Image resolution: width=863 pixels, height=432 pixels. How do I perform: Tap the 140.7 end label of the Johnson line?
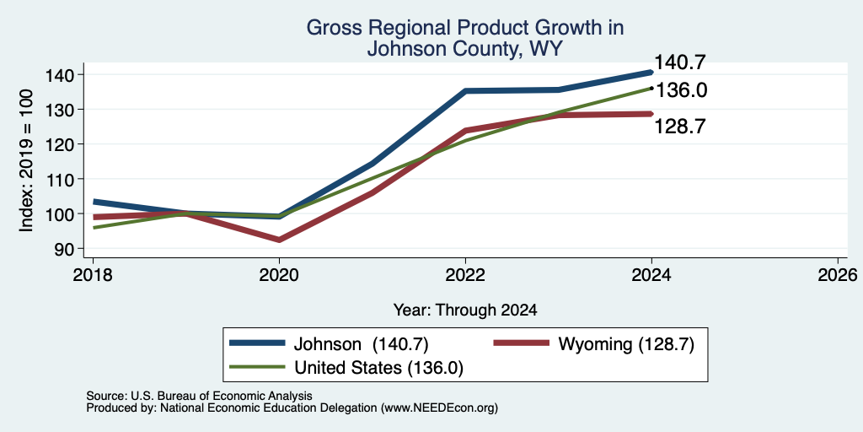click(x=680, y=62)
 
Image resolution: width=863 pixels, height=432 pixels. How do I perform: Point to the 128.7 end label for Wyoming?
click(x=680, y=127)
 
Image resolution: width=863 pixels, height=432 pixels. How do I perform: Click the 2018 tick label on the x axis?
click(x=93, y=275)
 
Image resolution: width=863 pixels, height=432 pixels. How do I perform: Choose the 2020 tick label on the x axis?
click(x=279, y=275)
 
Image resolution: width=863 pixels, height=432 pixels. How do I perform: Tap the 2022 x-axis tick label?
click(x=465, y=275)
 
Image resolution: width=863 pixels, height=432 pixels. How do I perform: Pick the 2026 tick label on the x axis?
click(x=838, y=275)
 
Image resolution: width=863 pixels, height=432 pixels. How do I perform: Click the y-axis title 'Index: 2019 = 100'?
click(x=27, y=161)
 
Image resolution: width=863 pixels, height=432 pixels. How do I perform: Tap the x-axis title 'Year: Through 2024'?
click(x=465, y=310)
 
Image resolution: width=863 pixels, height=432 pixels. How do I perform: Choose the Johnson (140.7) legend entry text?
click(x=361, y=344)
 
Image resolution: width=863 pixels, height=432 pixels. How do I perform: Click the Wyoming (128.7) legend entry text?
click(x=626, y=344)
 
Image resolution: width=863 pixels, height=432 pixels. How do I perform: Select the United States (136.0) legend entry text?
click(x=378, y=368)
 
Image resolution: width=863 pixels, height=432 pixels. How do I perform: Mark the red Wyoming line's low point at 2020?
click(x=279, y=240)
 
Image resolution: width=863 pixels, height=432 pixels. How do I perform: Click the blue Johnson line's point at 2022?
click(x=465, y=91)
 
